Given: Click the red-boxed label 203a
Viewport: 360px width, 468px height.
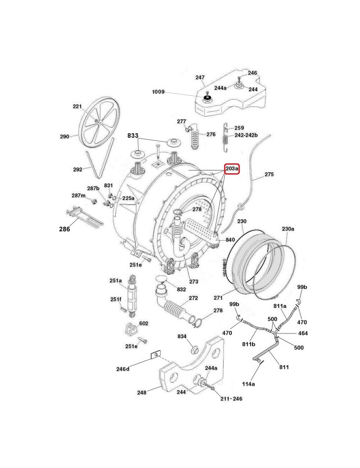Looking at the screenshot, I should [x=232, y=169].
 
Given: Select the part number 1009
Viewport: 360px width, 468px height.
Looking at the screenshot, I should [x=158, y=92].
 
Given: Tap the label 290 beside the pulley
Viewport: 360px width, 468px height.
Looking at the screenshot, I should [x=65, y=136].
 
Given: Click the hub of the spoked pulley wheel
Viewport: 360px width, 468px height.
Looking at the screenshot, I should [x=100, y=121].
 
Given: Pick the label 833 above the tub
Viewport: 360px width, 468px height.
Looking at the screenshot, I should [x=133, y=135].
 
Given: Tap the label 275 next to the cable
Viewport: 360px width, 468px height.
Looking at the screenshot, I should [x=269, y=174].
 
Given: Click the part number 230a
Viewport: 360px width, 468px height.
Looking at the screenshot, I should [x=288, y=229].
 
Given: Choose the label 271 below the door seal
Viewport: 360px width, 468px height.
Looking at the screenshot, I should [x=219, y=297].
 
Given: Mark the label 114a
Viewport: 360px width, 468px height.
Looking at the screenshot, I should [x=248, y=384].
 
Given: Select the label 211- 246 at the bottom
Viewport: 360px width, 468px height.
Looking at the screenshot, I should [x=231, y=399].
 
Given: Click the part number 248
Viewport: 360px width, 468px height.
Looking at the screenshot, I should [x=142, y=392].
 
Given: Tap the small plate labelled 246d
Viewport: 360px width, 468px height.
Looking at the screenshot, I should [x=154, y=355].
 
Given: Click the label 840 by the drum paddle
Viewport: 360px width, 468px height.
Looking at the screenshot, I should [x=230, y=240].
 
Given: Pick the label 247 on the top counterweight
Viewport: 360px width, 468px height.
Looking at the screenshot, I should [x=200, y=77].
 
